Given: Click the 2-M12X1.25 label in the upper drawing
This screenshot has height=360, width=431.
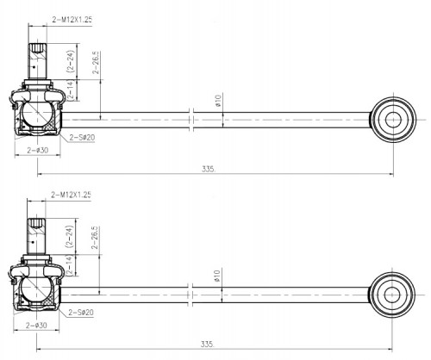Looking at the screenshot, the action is tap(72, 20).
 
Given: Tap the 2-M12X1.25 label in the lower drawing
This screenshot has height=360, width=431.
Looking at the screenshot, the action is tap(71, 195).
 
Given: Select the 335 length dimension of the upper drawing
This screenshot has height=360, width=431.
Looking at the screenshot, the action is tap(209, 169).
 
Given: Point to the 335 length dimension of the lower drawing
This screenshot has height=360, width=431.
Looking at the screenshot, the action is tap(207, 344).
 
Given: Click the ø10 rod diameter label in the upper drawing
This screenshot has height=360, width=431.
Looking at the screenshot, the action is tap(218, 101).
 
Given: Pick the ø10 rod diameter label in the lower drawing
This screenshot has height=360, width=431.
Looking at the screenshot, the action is tap(217, 276).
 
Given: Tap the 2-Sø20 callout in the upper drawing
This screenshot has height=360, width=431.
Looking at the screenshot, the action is tap(82, 138).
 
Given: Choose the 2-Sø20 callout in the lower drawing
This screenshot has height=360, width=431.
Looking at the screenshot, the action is tap(81, 312).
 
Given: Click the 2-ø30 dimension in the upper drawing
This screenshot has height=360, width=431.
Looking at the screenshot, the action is tap(38, 150).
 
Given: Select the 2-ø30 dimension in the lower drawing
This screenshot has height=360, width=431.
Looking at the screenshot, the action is tap(36, 326).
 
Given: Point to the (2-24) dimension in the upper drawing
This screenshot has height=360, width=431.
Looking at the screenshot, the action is tap(71, 61).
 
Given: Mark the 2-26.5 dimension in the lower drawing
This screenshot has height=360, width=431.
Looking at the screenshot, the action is tap(95, 238).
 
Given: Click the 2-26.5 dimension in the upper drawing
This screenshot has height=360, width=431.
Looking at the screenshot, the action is tap(96, 63).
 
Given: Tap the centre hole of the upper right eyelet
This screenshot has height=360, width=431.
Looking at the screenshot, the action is tap(393, 120).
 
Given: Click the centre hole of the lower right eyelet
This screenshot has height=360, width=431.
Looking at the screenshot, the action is tap(392, 295).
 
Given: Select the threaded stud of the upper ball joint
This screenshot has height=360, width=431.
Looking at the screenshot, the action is tap(37, 61).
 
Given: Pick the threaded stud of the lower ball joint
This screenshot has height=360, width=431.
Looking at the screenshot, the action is tap(36, 236).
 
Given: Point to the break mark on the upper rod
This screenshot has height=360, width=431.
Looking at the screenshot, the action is tap(191, 120).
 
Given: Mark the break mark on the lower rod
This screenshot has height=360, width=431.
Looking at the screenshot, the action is tap(190, 295).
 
